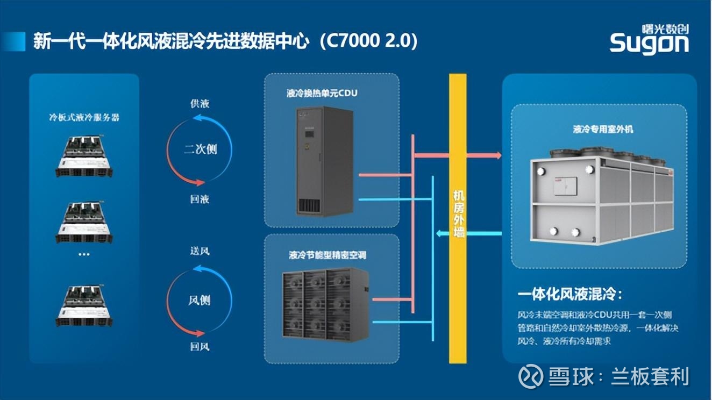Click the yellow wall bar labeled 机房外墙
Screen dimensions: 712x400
coord(458,218)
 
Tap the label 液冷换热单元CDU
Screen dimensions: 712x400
coord(322,93)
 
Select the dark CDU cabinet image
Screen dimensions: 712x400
coord(325,162)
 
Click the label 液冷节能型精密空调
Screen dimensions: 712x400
coord(327,255)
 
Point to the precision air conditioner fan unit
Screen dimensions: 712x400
coord(325,304)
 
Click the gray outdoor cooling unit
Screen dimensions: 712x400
coord(601,195)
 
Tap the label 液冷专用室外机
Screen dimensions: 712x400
coord(603,129)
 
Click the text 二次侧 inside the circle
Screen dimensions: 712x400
coord(201,149)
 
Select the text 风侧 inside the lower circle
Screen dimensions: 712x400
coord(200,300)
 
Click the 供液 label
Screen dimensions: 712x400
coord(200,104)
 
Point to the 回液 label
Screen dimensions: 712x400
coord(200,199)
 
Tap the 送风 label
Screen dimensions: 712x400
coord(200,251)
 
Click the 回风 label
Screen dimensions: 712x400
coord(200,347)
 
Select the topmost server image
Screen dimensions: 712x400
coord(84,156)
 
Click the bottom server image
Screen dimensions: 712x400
coord(84,305)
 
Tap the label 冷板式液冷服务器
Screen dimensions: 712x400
coord(84,118)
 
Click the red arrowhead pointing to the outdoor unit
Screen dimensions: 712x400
coord(498,155)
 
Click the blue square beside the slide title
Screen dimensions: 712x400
coord(13,41)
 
